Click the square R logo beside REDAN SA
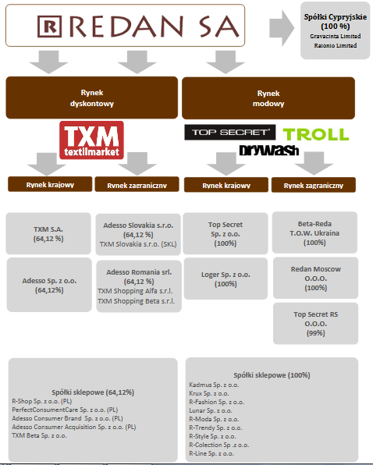pos(49,27)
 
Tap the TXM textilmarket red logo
pos(91,140)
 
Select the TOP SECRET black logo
pos(229,133)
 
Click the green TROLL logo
pos(316,134)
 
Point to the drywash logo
pos(269,150)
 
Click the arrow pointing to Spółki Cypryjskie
pos(282,28)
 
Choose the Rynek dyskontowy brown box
pos(92,98)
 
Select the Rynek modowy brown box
pos(268,98)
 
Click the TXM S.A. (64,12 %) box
pos(48,234)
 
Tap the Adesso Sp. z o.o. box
pos(49,285)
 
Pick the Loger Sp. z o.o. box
pos(226,279)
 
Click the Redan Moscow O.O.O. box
pos(315,279)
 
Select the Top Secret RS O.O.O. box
pos(315,324)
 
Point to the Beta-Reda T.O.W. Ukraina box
pos(314,232)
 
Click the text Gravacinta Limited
pos(336,36)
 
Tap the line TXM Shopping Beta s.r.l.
pos(136,301)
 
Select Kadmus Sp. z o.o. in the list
pos(214,385)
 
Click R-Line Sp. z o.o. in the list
pos(211,453)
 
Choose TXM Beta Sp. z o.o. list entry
pos(39,435)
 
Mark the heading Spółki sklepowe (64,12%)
pos(93,392)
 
